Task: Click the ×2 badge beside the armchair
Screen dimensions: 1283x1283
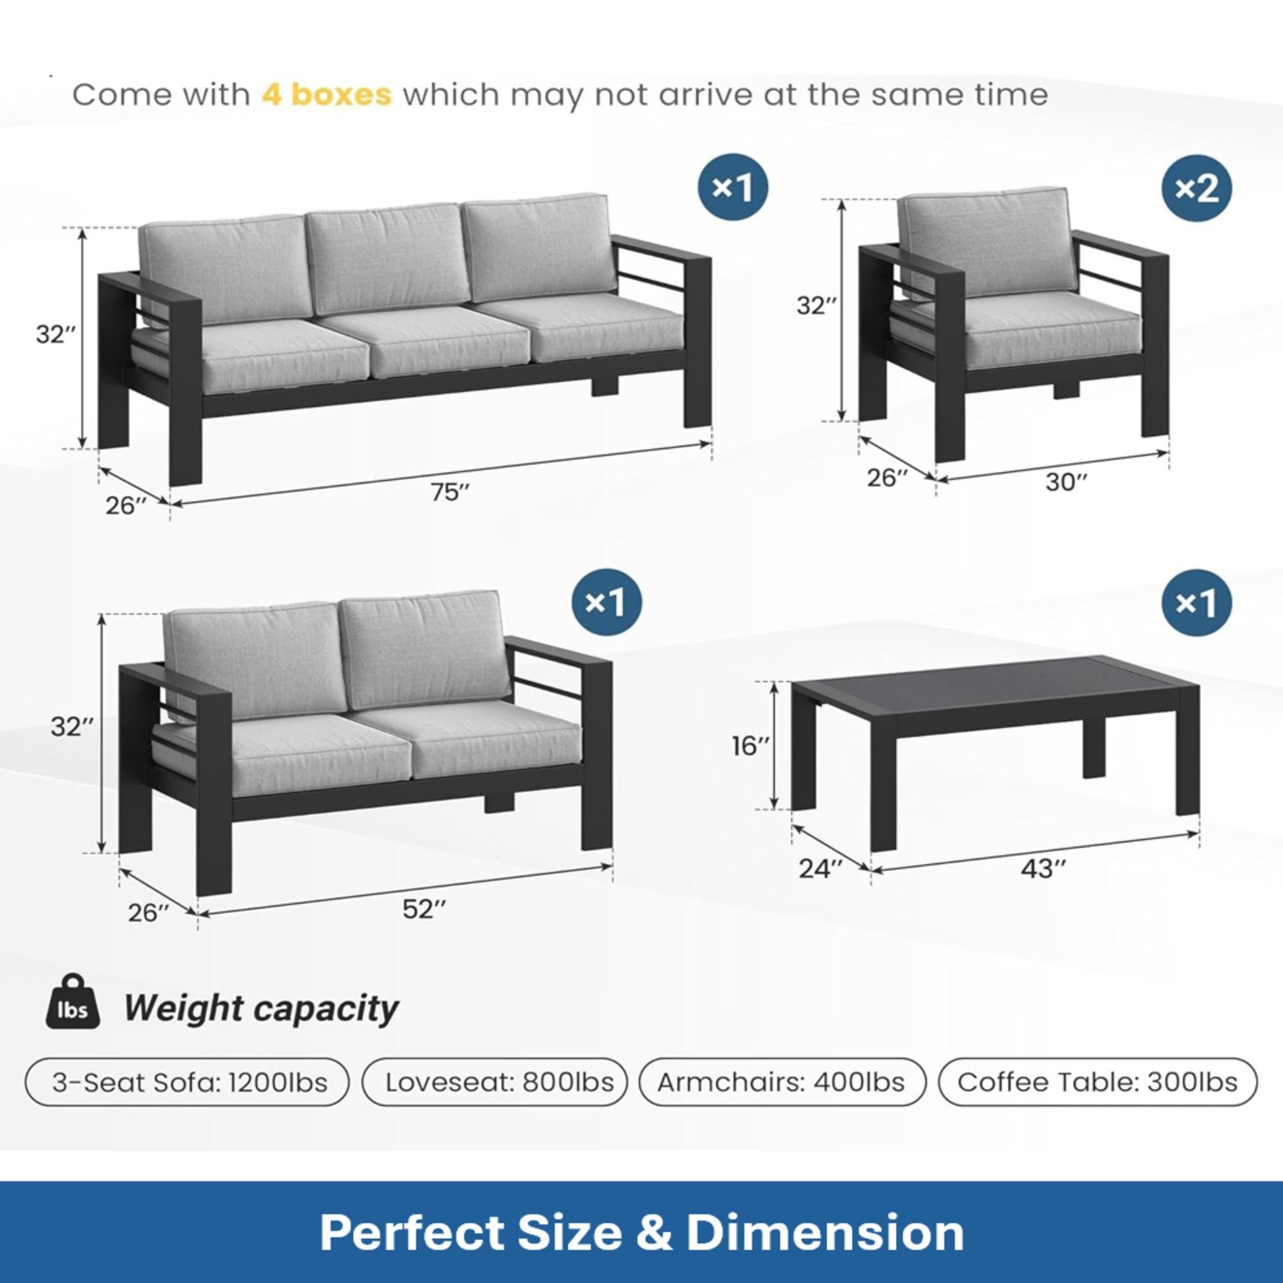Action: click(1196, 189)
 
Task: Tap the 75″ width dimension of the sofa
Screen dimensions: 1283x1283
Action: click(450, 492)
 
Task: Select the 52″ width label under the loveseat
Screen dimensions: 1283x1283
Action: click(423, 909)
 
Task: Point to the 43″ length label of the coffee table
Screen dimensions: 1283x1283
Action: click(1043, 869)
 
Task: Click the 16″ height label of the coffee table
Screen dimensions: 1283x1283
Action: click(751, 747)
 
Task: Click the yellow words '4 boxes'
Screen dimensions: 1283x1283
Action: click(326, 95)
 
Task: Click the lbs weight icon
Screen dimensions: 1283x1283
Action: click(73, 1010)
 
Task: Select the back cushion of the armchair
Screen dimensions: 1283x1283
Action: click(989, 242)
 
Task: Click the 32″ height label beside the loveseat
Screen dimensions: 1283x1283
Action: click(68, 727)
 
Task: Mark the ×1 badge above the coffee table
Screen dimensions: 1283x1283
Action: click(1196, 603)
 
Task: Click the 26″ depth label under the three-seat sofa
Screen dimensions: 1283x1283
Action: click(126, 506)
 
